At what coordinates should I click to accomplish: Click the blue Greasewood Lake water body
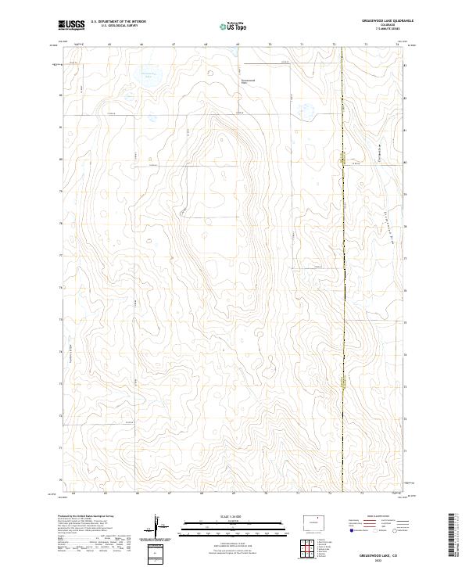coord(145,76)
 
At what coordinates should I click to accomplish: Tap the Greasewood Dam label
coord(248,81)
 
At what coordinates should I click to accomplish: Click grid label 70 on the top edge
coord(269,45)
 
